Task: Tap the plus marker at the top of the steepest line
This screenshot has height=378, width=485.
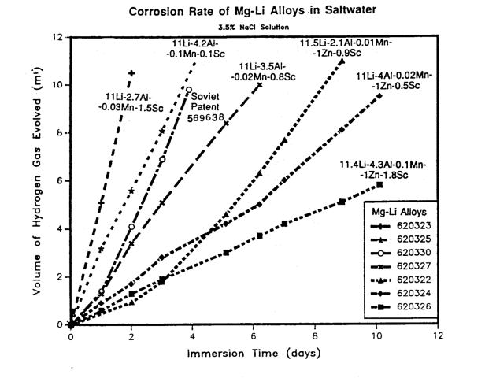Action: point(131,73)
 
